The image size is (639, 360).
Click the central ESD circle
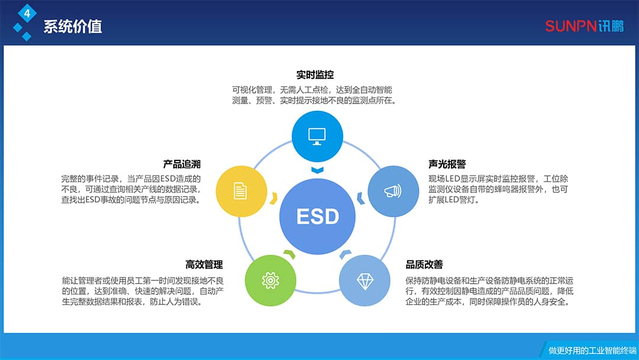tap(318, 216)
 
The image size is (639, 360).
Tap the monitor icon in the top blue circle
tap(317, 136)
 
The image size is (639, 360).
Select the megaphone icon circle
tap(393, 191)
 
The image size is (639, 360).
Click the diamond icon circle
tap(364, 281)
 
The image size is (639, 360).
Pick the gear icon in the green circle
tap(270, 280)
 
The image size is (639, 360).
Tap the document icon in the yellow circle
tap(241, 191)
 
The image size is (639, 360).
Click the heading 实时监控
tap(315, 75)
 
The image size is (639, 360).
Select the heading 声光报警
tap(447, 164)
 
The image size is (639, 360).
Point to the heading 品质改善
tap(424, 264)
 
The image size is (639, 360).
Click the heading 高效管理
tap(204, 264)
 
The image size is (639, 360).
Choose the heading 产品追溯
tap(182, 164)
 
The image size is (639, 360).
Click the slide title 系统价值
tap(73, 27)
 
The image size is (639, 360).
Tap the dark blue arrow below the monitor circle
tap(318, 171)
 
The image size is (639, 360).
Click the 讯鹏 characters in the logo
tap(611, 26)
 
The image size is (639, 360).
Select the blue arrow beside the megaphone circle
tap(360, 198)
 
